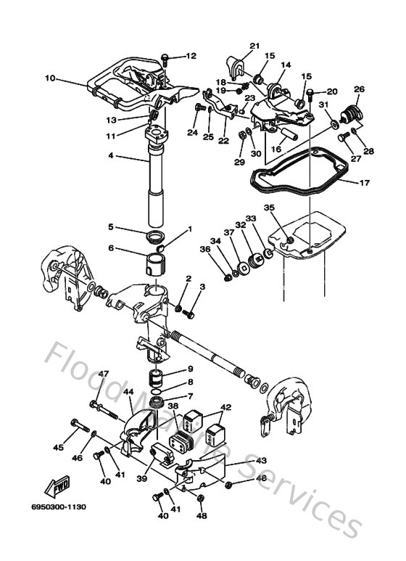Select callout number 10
[49, 78]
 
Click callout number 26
[358, 89]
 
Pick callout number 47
[104, 374]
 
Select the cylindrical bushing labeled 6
[159, 261]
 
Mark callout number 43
[261, 460]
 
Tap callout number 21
[254, 46]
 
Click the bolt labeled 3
[190, 314]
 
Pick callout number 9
[189, 369]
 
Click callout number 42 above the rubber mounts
[225, 408]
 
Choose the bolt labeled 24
[198, 108]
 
